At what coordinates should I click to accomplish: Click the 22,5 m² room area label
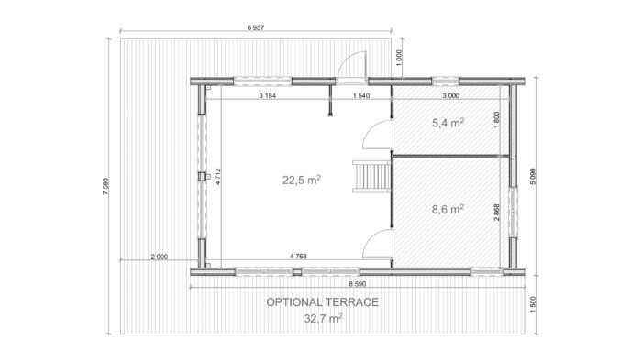click(302, 180)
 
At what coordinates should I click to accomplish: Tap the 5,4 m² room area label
click(448, 122)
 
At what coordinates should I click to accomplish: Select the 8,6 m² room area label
click(448, 209)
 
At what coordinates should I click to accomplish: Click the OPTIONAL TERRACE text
click(323, 302)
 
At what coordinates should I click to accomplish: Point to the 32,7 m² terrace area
click(323, 318)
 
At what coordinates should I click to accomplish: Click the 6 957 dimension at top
click(256, 27)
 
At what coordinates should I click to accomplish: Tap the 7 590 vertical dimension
click(105, 186)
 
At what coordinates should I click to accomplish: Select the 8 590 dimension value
click(358, 284)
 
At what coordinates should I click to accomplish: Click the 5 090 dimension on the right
click(533, 176)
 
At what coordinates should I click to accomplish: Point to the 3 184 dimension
click(268, 95)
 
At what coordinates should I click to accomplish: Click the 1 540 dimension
click(361, 95)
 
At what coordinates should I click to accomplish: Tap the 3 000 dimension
click(451, 95)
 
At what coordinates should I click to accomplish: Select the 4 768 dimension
click(298, 257)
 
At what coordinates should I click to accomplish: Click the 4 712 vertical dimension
click(218, 177)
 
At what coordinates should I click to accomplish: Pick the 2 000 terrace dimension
click(160, 257)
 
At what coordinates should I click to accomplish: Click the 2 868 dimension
click(497, 213)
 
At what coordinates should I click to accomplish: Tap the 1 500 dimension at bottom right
click(533, 305)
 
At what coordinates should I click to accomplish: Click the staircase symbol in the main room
click(371, 176)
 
